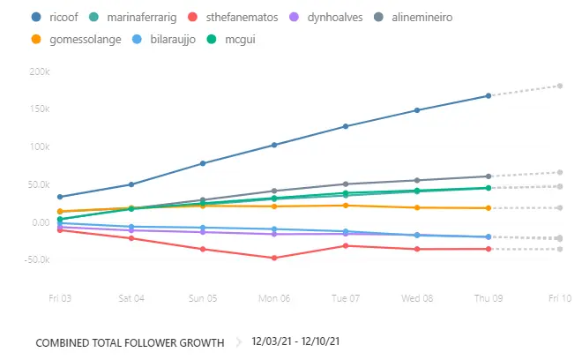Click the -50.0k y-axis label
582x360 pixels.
(x=36, y=259)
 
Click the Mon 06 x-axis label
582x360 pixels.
(x=274, y=298)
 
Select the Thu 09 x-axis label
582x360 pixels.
(x=489, y=298)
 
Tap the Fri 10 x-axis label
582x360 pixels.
(x=559, y=298)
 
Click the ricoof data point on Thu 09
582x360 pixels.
(x=489, y=95)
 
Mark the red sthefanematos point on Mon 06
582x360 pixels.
(x=274, y=258)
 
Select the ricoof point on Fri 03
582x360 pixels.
(x=60, y=197)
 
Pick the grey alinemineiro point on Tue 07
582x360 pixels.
(x=346, y=184)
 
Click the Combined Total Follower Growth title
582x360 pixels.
(x=130, y=341)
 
